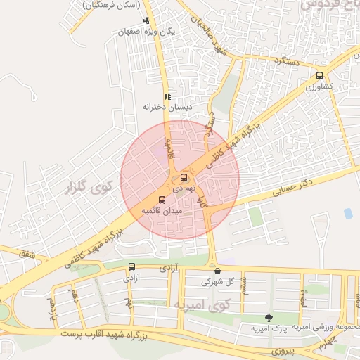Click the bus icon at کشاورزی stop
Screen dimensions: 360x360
tap(320, 76)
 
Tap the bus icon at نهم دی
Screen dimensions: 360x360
tap(184, 177)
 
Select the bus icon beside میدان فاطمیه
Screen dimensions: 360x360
tap(162, 200)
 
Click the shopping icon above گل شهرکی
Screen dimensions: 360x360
tap(217, 271)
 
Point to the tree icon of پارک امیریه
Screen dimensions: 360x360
tap(268, 318)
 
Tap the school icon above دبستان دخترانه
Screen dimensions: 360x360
tap(167, 96)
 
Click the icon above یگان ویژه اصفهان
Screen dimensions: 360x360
tap(146, 21)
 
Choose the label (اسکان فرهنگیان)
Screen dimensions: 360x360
tap(111, 5)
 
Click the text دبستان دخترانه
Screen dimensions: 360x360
tap(167, 107)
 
